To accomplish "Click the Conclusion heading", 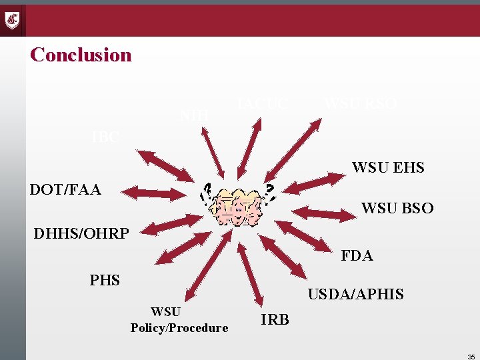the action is (x=81, y=55).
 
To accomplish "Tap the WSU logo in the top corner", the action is (x=13, y=20).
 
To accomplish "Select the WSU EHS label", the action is (x=388, y=167).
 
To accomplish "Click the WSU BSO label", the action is (x=397, y=209).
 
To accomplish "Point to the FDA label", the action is (x=357, y=255).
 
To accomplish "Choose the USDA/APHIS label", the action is (x=355, y=294).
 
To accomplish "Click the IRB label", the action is (x=275, y=320).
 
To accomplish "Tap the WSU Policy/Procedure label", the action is (x=179, y=319).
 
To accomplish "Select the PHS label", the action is (x=105, y=280).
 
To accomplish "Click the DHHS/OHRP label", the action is (x=80, y=234).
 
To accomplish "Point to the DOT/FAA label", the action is (x=65, y=190).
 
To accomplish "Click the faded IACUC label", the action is (x=263, y=104).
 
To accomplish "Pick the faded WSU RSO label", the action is (x=360, y=104).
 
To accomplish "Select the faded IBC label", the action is (x=105, y=137).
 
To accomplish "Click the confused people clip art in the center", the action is (x=237, y=203).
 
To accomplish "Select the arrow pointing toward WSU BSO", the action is (x=325, y=213).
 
